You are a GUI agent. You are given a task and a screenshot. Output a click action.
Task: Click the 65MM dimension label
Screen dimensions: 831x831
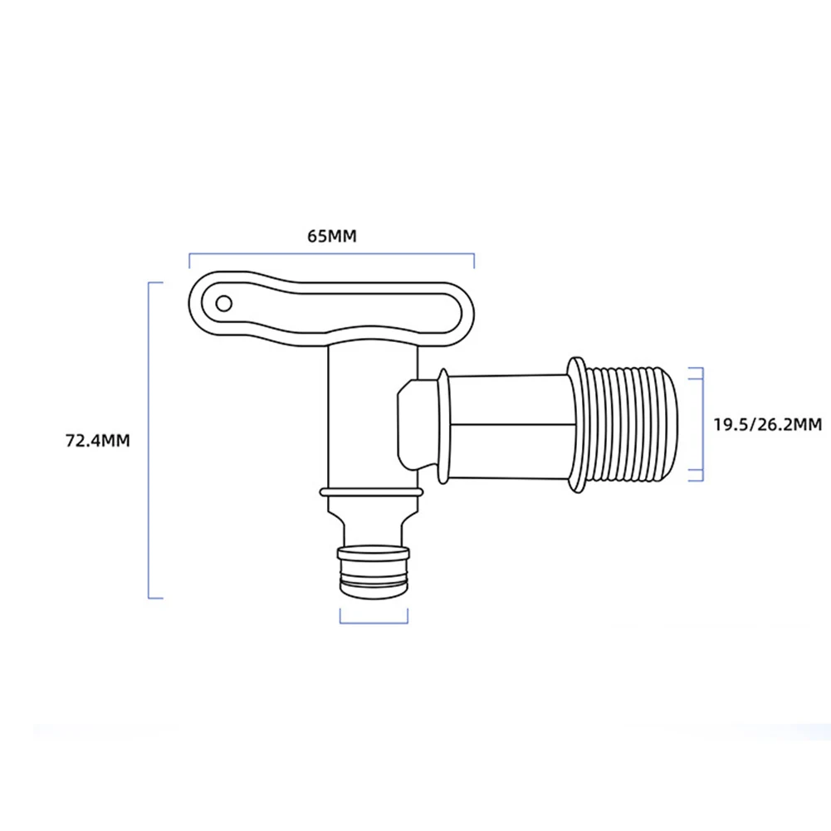tap(331, 236)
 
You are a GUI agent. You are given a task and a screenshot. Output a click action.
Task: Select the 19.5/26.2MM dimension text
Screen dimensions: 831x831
tap(767, 425)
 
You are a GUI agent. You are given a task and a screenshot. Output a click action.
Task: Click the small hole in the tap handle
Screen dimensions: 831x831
tap(223, 303)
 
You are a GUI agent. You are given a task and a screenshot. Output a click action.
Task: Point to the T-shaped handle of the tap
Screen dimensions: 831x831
tap(332, 310)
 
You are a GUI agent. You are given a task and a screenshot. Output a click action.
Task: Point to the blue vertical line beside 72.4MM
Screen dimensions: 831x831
tap(149, 440)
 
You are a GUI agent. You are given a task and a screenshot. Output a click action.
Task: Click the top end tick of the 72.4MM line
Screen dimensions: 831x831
tap(155, 283)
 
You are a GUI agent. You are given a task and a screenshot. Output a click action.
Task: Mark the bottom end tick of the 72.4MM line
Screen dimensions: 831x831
tap(155, 598)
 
